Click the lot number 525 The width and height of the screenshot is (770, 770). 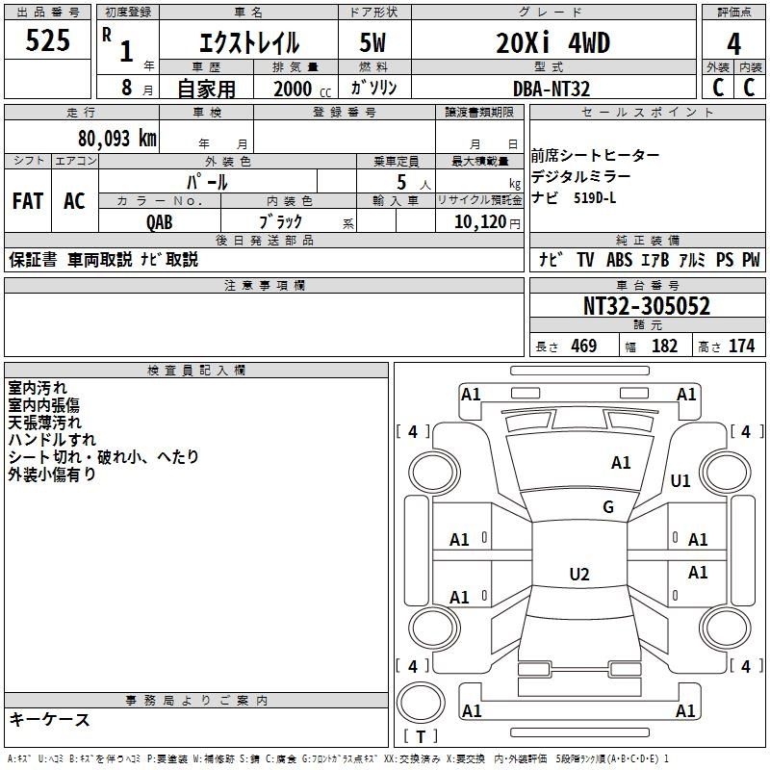(x=47, y=39)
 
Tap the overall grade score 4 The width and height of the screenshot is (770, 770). (x=733, y=44)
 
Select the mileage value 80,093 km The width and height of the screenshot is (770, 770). (x=117, y=139)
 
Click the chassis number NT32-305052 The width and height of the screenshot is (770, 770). (x=646, y=306)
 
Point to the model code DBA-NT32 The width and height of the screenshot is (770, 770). (x=551, y=89)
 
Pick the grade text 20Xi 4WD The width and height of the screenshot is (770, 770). (x=552, y=42)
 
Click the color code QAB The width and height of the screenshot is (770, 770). (x=159, y=222)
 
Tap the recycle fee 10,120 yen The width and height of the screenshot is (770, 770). (x=487, y=222)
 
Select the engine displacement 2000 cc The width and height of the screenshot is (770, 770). (x=302, y=89)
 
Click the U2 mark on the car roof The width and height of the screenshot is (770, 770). (x=579, y=574)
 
